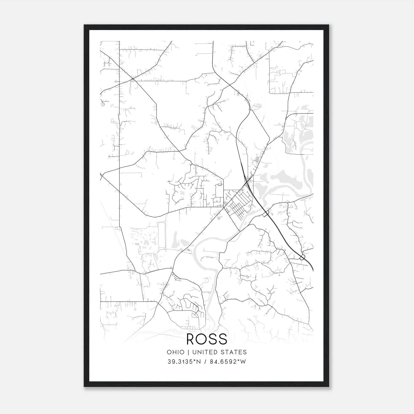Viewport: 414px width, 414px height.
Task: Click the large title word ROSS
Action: pos(207,339)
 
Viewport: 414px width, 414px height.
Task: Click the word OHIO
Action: pos(176,352)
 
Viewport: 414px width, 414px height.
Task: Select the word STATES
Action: pos(235,352)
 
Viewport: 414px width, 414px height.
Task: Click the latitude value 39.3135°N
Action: pos(184,362)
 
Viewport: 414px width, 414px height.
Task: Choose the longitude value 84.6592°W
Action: pos(228,362)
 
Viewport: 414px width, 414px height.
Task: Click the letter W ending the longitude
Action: pos(243,362)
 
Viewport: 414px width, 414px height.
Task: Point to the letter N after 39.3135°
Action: pos(199,362)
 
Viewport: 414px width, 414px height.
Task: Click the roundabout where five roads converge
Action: pos(132,79)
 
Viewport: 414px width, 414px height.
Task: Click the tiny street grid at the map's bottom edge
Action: pos(191,329)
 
